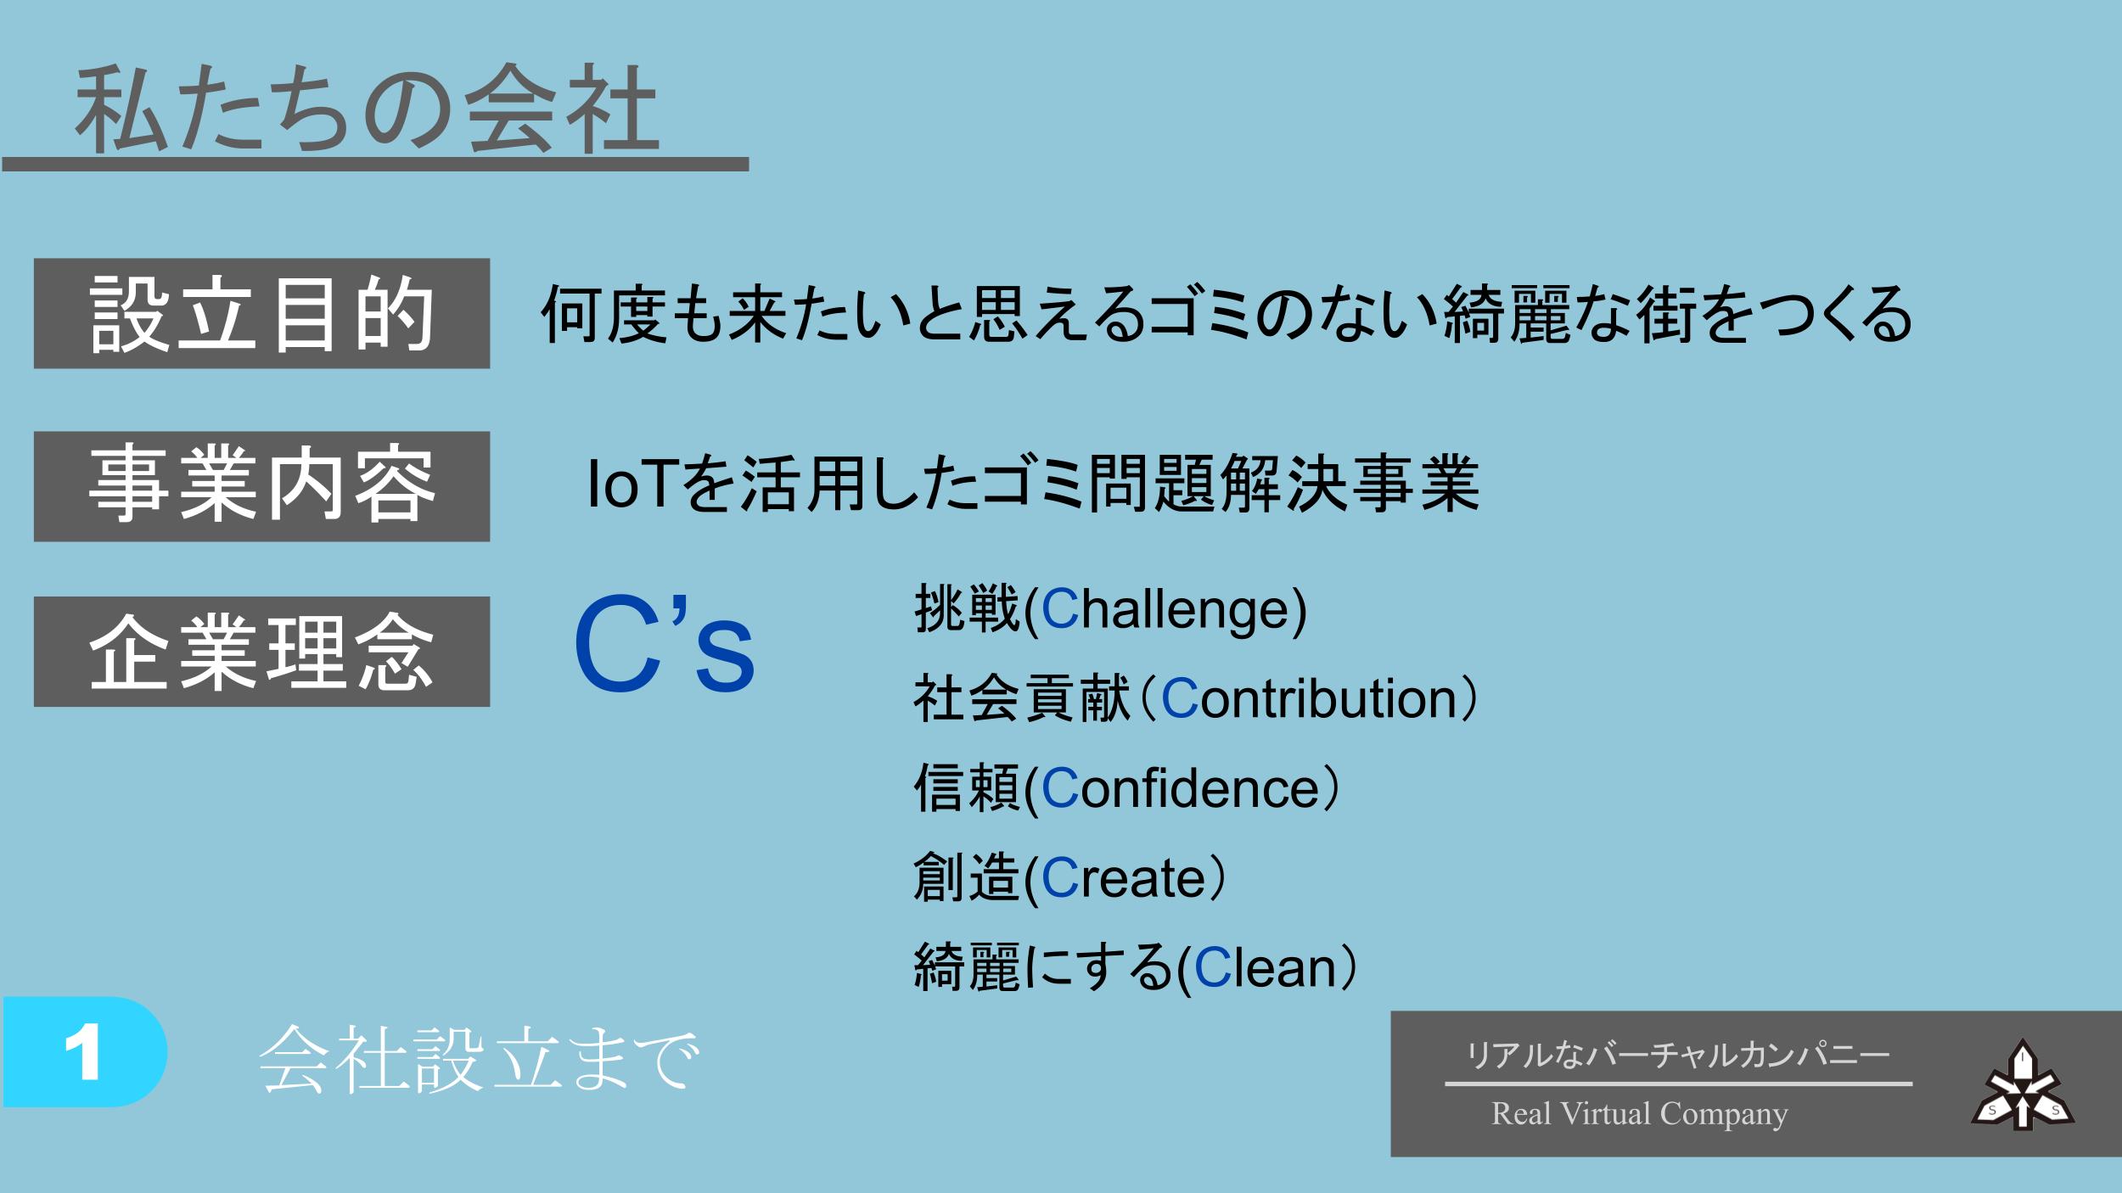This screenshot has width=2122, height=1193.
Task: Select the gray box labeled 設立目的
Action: coord(261,313)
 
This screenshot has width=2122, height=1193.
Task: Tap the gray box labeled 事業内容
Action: coord(261,486)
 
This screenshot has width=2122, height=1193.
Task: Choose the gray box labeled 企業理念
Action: coord(261,652)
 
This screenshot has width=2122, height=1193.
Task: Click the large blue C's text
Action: coord(664,645)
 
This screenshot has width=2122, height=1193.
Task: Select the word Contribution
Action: coord(1308,699)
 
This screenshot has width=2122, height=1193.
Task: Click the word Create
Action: coord(1123,877)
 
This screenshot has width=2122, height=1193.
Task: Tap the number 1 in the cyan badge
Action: coord(82,1051)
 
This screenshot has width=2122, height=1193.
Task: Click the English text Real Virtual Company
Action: coord(1639,1113)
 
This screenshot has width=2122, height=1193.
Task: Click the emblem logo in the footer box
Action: coord(2023,1084)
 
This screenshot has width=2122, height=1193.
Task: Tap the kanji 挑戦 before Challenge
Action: coord(967,609)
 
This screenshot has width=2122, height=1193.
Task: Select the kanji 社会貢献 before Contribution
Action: coord(1022,698)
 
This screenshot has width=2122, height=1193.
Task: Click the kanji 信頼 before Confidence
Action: coord(967,787)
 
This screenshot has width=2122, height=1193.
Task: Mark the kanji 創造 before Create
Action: coord(967,877)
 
